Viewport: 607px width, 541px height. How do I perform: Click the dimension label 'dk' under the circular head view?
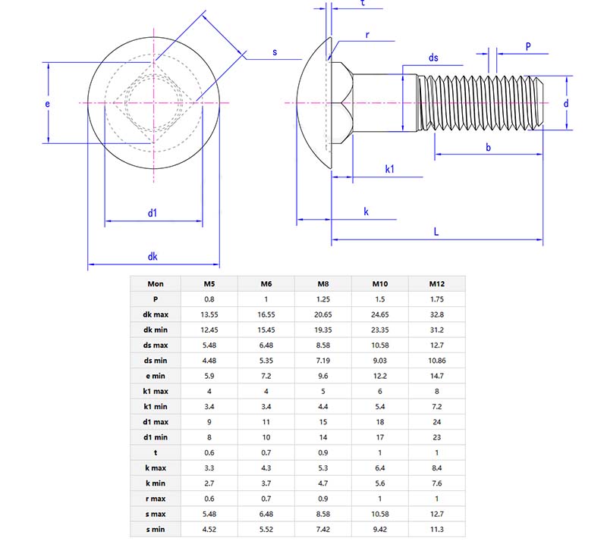click(x=153, y=257)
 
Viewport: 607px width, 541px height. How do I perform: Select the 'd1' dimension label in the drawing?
click(x=153, y=213)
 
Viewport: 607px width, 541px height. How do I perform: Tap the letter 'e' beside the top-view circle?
click(x=47, y=103)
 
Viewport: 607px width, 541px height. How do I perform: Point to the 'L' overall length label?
click(x=436, y=232)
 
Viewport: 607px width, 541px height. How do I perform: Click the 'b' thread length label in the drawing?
click(x=488, y=147)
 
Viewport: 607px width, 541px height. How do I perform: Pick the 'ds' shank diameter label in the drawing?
click(x=433, y=58)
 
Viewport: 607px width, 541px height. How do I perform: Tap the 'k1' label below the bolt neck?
click(x=389, y=169)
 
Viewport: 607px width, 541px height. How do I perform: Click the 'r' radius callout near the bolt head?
click(x=367, y=35)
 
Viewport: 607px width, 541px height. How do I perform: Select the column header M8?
click(x=323, y=284)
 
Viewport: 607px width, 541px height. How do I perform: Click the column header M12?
click(x=436, y=284)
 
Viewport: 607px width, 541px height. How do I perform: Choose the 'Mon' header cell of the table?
click(x=156, y=284)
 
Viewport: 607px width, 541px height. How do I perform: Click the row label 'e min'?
click(x=156, y=376)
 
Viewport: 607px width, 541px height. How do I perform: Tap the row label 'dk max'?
click(x=156, y=314)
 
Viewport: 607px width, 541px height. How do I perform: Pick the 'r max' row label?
click(x=156, y=499)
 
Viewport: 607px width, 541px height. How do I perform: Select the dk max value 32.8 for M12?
click(x=436, y=314)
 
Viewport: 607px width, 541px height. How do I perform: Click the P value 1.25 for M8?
click(x=323, y=299)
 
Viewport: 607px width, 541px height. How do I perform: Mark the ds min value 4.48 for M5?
click(x=209, y=361)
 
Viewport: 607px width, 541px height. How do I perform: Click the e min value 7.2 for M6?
click(x=266, y=376)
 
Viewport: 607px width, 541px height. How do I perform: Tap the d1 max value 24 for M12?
click(x=436, y=422)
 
